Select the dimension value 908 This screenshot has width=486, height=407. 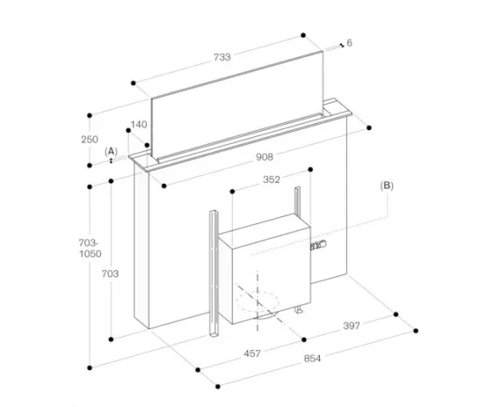[265, 157]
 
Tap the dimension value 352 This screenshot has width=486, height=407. [271, 182]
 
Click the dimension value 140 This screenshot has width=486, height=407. [139, 125]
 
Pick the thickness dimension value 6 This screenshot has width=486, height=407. [349, 43]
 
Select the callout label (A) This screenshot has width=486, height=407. [111, 151]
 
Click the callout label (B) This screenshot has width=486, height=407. [388, 185]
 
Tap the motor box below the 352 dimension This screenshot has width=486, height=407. [264, 268]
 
